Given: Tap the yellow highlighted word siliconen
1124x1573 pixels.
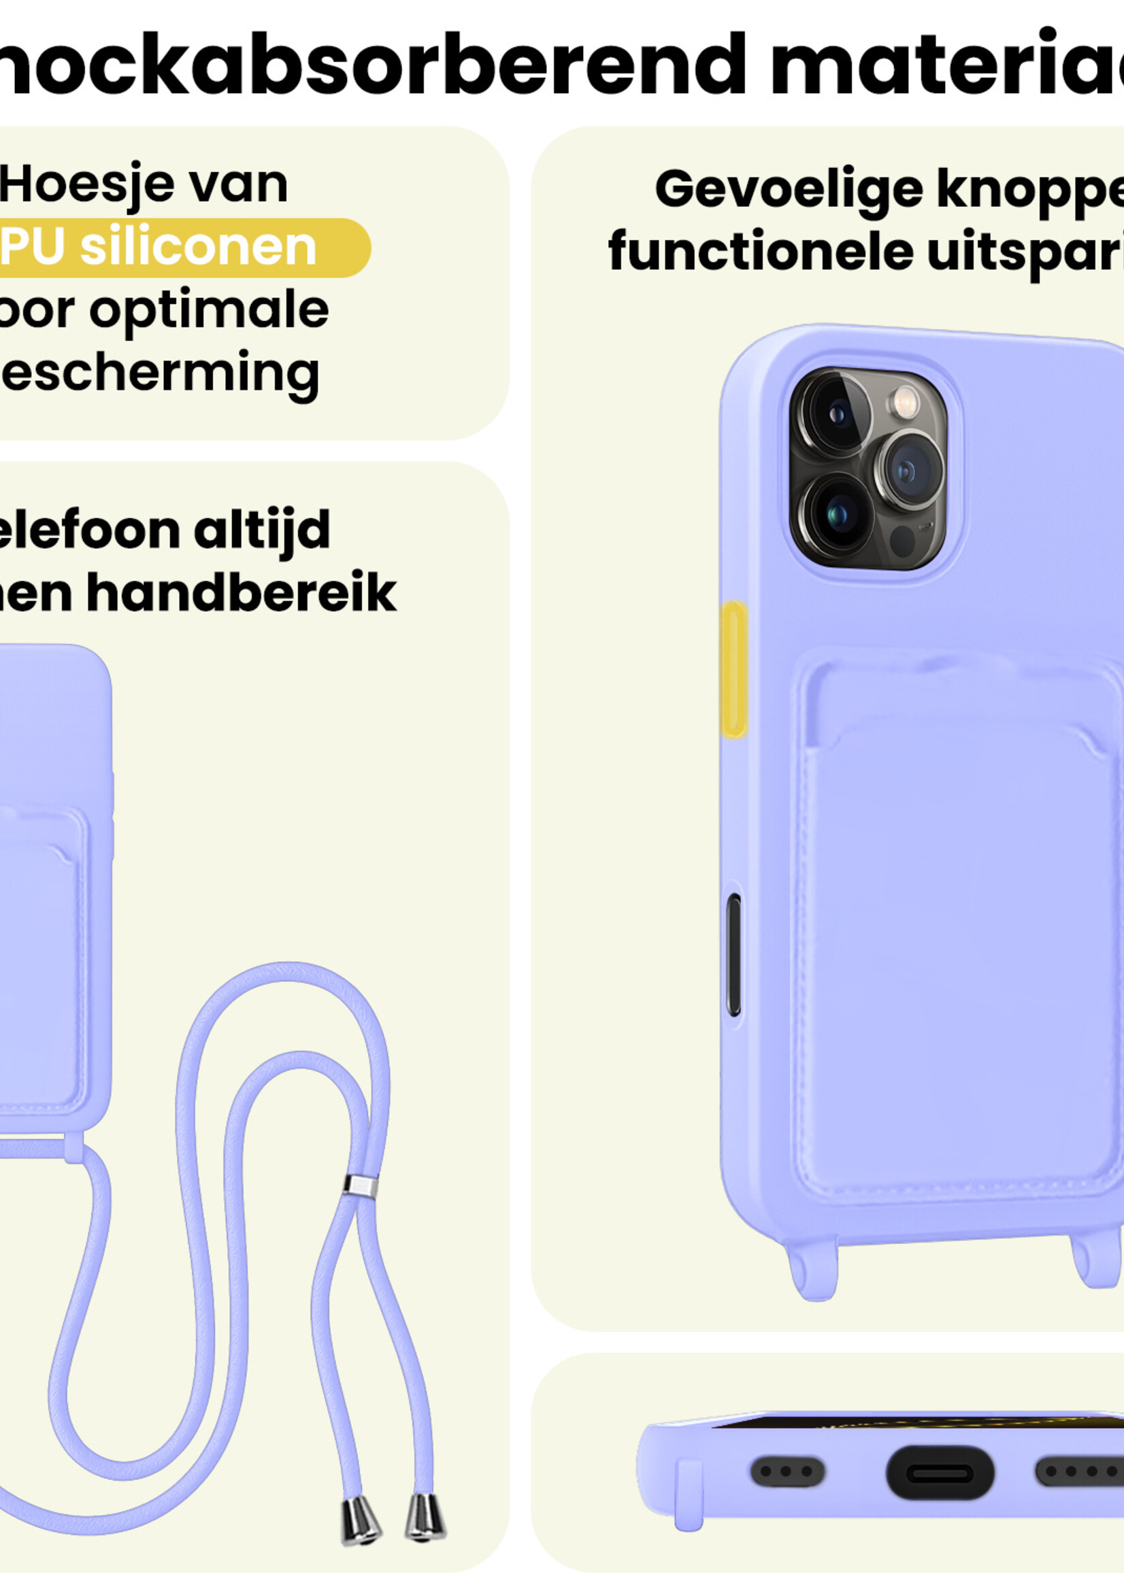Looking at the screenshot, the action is (x=198, y=248).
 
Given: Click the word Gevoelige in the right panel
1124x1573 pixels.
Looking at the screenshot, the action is (x=789, y=190).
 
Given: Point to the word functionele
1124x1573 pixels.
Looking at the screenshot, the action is (x=761, y=252).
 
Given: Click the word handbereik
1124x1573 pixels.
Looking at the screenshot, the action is (x=242, y=593).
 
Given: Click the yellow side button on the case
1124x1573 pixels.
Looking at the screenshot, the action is (x=733, y=669).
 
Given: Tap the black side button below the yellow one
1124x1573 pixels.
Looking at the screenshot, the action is (x=733, y=954).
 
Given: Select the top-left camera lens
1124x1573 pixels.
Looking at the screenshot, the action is (x=836, y=413).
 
